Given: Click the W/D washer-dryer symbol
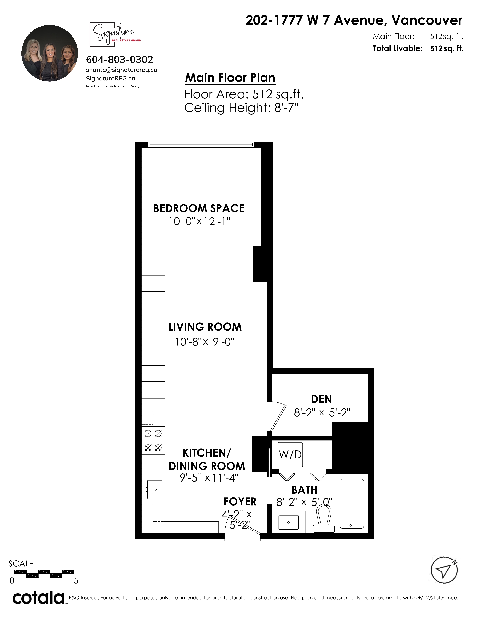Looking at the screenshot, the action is pos(290,455).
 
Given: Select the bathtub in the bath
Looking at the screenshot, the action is pos(352,504).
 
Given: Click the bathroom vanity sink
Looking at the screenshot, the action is pos(288,522).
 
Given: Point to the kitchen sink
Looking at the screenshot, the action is pos(155,489).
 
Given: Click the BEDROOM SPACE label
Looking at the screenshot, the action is pos(199,208).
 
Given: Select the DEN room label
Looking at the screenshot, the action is pos(321,399).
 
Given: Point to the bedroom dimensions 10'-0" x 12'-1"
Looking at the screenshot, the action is pos(199,221).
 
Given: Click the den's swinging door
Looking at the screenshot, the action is pos(277,417).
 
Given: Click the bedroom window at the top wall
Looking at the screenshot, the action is pos(201,145).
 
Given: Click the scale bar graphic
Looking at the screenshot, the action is pos(44,573).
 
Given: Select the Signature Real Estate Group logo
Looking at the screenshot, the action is pos(115,34).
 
